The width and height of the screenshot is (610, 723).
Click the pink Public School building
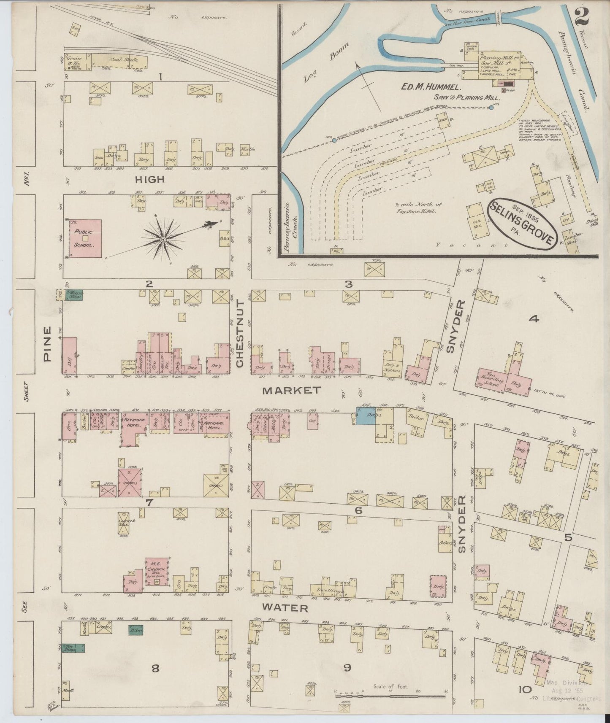pos(85,238)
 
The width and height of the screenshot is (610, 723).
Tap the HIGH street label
pos(149,180)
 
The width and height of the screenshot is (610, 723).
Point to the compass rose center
pos(163,240)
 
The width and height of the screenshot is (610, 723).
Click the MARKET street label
pos(291,391)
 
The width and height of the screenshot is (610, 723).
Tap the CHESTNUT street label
pos(240,333)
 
